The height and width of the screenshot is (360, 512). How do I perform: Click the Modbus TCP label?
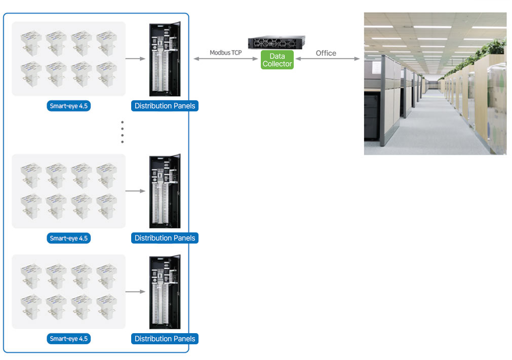tap(226, 53)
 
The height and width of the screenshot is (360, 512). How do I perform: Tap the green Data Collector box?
tap(277, 60)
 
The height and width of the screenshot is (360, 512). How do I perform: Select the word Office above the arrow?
tap(326, 53)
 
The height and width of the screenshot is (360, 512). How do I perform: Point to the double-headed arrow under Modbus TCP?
tap(226, 59)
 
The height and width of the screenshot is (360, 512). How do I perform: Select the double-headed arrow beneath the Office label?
tap(328, 59)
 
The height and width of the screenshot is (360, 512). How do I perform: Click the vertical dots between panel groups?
tap(122, 132)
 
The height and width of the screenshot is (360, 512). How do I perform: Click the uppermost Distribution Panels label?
tap(165, 106)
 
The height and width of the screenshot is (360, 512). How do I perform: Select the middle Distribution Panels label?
tap(165, 238)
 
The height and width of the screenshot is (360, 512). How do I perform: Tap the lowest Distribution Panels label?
tap(165, 339)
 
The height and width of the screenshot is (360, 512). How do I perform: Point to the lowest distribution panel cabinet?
tap(165, 292)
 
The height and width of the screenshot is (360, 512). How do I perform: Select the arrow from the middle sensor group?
tap(135, 191)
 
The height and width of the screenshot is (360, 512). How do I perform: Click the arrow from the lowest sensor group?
tap(135, 292)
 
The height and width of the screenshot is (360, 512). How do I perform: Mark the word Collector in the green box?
tap(277, 64)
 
